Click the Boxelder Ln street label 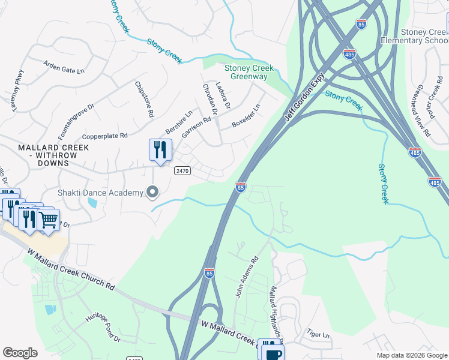coord(247,117)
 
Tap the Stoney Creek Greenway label coord(246,73)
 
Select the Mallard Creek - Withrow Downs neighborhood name coord(47,151)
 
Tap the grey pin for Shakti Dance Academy coord(152,192)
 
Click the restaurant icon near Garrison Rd coord(160,150)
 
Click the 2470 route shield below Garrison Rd coord(182,171)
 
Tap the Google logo coord(20,353)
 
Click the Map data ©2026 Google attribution coord(411,355)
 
